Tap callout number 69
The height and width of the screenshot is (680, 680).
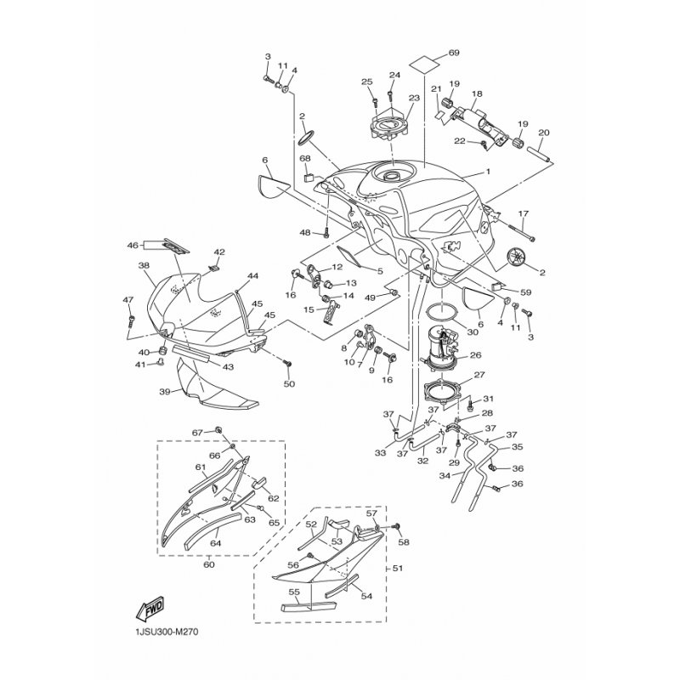(454, 53)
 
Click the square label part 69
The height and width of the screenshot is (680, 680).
(423, 65)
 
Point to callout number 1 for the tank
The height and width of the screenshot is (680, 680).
(488, 172)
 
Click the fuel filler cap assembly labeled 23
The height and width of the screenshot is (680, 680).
(390, 123)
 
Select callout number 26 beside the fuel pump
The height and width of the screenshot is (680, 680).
(476, 355)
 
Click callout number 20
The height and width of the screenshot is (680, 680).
(544, 133)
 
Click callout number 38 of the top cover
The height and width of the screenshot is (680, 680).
(144, 265)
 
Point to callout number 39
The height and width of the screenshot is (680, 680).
(164, 392)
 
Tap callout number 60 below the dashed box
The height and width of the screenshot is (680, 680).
(208, 564)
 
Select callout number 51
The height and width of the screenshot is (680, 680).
(398, 568)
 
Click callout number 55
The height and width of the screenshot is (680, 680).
(294, 591)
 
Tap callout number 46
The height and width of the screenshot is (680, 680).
(133, 246)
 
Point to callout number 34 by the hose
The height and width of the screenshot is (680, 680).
(445, 476)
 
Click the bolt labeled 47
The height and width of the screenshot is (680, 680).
(132, 321)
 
